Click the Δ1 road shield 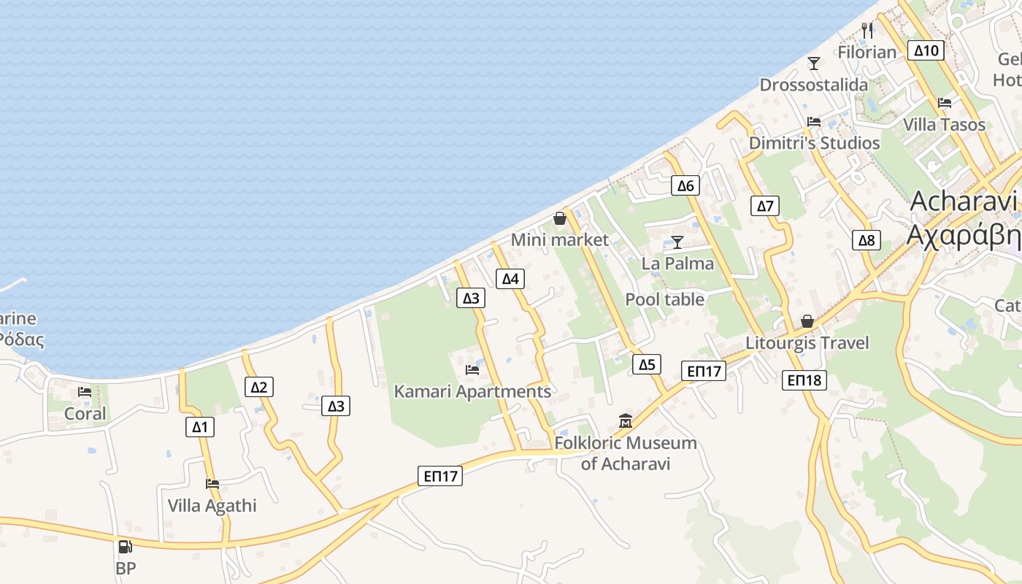click(x=200, y=427)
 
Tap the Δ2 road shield click(x=259, y=387)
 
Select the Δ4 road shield click(x=510, y=278)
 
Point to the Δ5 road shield click(x=647, y=364)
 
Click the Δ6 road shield click(x=685, y=185)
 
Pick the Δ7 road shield click(x=764, y=206)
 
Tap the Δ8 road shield click(x=866, y=240)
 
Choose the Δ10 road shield click(x=926, y=50)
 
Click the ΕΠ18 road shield click(x=804, y=380)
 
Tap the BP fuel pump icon click(x=126, y=546)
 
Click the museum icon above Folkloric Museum click(x=626, y=421)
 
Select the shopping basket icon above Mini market click(x=560, y=218)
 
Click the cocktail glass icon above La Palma click(x=677, y=242)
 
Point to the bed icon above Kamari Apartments click(x=472, y=370)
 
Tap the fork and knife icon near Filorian click(x=867, y=31)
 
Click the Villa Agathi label click(x=212, y=505)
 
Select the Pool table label click(x=665, y=299)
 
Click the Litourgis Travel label click(x=807, y=342)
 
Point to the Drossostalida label click(x=814, y=85)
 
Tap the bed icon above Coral click(x=85, y=392)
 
